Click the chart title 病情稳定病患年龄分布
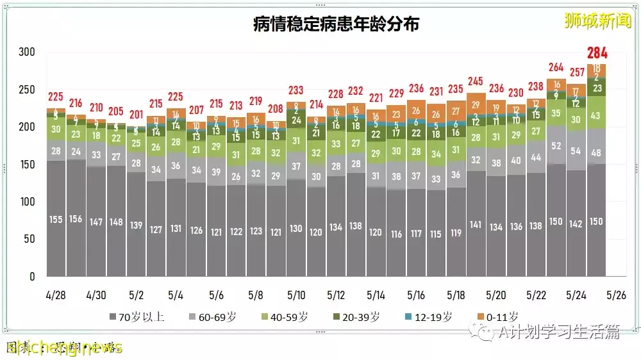[x=336, y=25]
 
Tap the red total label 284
[x=597, y=53]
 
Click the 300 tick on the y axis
[x=27, y=53]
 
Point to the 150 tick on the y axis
[x=27, y=165]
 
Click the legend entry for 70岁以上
[x=137, y=316]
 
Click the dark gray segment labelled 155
[x=56, y=219]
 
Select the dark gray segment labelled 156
[x=76, y=219]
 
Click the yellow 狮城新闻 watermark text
[x=597, y=20]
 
